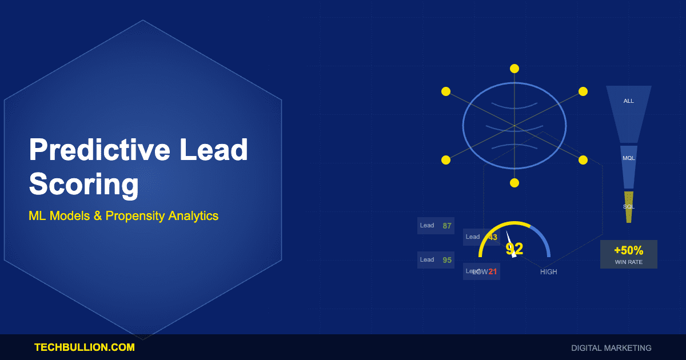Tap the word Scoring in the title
click(84, 185)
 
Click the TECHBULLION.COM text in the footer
click(85, 347)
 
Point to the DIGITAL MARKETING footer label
click(611, 347)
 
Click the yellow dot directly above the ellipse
click(514, 69)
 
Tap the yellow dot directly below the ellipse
click(514, 183)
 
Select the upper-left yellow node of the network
click(446, 91)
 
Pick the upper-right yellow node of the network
click(583, 91)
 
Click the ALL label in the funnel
click(629, 101)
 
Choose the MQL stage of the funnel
click(629, 158)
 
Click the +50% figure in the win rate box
click(629, 250)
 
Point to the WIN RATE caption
click(629, 262)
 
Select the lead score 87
click(447, 226)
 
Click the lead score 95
click(447, 260)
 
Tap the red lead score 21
click(493, 271)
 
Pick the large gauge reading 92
click(514, 249)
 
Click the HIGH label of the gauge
click(548, 272)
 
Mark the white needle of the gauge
click(510, 242)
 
